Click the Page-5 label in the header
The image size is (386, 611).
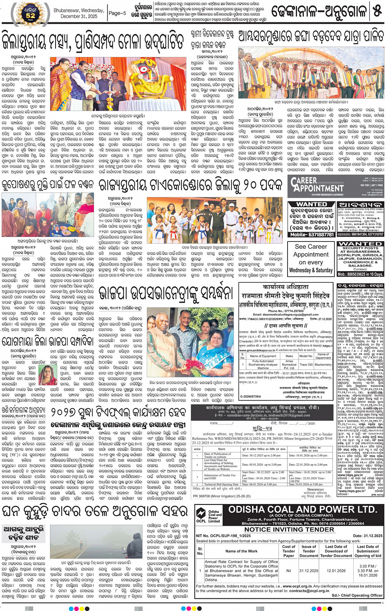click(117, 13)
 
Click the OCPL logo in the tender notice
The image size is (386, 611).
click(201, 515)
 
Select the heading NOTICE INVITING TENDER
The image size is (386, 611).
click(289, 529)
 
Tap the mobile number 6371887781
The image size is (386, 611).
click(317, 235)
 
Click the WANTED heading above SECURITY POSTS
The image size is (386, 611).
click(360, 244)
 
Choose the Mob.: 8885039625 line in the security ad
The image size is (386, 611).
click(360, 275)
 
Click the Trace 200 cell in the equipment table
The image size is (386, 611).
click(306, 365)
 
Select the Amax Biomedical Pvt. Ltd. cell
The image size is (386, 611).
click(289, 365)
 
